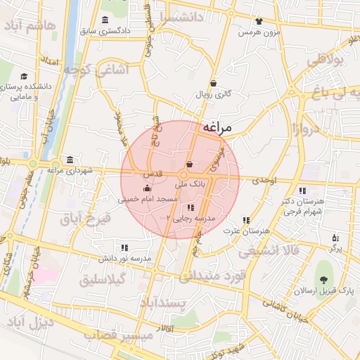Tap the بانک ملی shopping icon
190,164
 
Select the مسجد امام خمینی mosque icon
147,188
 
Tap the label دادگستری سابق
105,31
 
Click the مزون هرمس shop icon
259,21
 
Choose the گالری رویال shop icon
213,83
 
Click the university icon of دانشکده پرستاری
24,76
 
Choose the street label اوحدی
266,181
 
